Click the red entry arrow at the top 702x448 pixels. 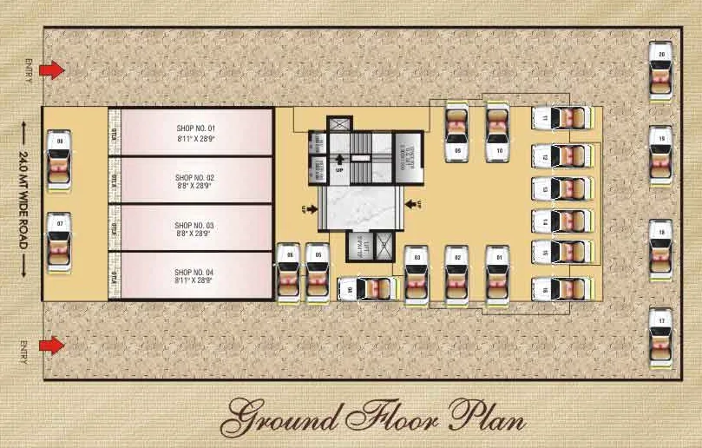click(x=53, y=69)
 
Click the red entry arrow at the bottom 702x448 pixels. click(x=53, y=346)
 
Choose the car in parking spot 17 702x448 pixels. click(x=662, y=336)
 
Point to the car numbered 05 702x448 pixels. click(x=318, y=273)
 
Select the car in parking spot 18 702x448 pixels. click(x=662, y=247)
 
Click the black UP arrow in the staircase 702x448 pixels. click(x=340, y=158)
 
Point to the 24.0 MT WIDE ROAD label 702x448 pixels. click(x=23, y=199)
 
